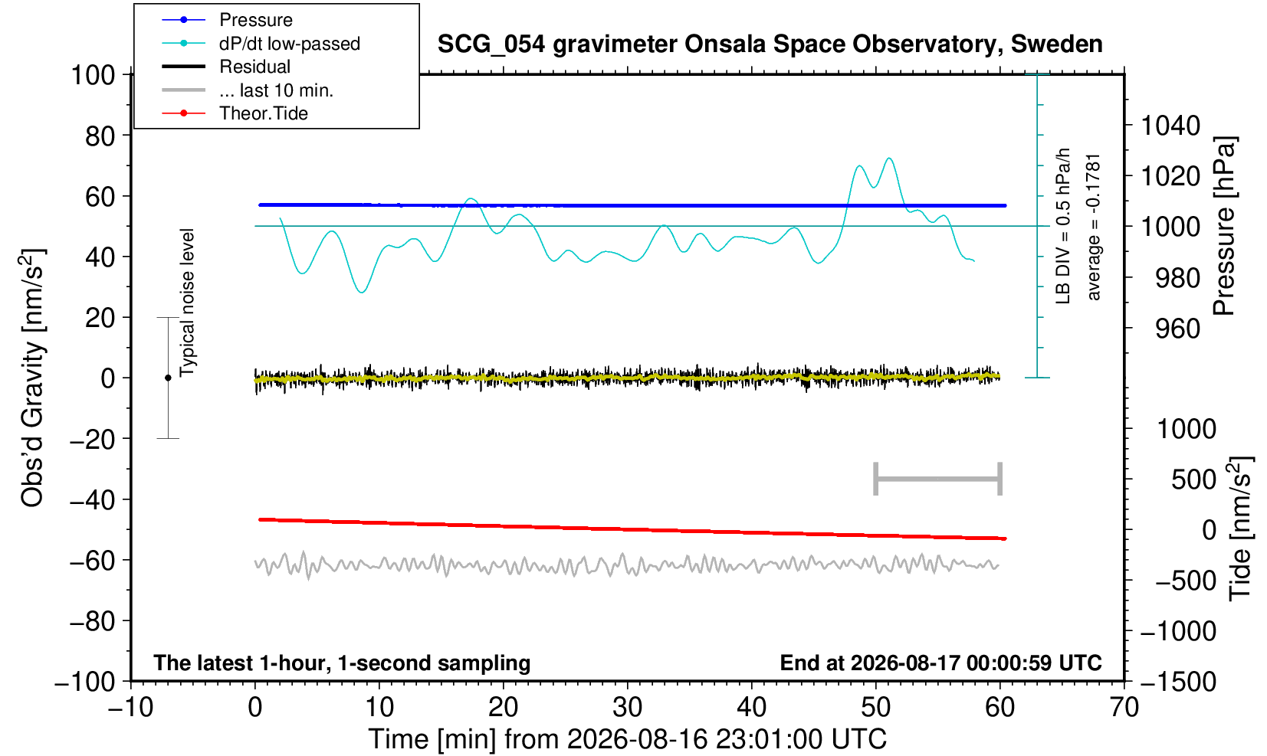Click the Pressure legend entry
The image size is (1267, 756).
point(228,21)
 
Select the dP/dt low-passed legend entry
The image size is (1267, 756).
point(261,44)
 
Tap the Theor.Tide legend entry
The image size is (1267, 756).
point(235,113)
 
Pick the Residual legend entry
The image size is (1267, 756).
point(226,67)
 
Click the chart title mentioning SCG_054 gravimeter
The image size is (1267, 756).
point(770,44)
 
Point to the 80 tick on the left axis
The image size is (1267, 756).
point(100,136)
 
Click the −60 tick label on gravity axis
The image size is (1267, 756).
point(92,561)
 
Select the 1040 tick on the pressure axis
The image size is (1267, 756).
point(1170,126)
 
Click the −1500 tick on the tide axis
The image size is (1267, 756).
point(1178,682)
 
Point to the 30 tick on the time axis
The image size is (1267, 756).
point(627,708)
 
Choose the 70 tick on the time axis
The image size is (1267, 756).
point(1124,708)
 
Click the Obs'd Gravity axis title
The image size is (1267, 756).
point(32,378)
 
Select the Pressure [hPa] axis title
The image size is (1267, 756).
point(1225,226)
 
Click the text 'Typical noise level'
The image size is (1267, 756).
point(187,303)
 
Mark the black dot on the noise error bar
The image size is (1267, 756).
point(168,378)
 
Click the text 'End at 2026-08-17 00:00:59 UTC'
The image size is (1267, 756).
point(940,663)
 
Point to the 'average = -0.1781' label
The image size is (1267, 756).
point(1094,227)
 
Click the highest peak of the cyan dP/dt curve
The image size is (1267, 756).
point(889,159)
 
